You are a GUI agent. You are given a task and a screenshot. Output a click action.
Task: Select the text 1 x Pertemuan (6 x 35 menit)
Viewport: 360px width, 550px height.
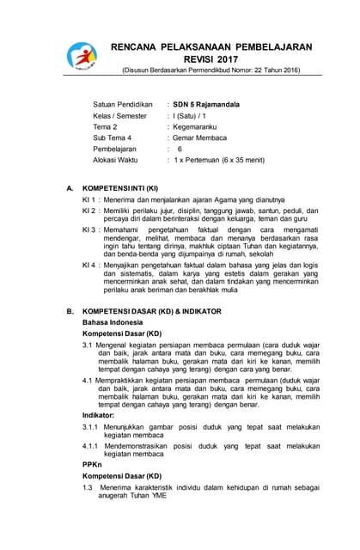[219, 159]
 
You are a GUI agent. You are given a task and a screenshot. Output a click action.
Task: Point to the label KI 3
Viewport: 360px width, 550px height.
[88, 230]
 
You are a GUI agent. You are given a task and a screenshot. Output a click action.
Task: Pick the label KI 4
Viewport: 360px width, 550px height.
[88, 265]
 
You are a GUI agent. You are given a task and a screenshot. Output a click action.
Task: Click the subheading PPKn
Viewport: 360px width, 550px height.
[93, 465]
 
